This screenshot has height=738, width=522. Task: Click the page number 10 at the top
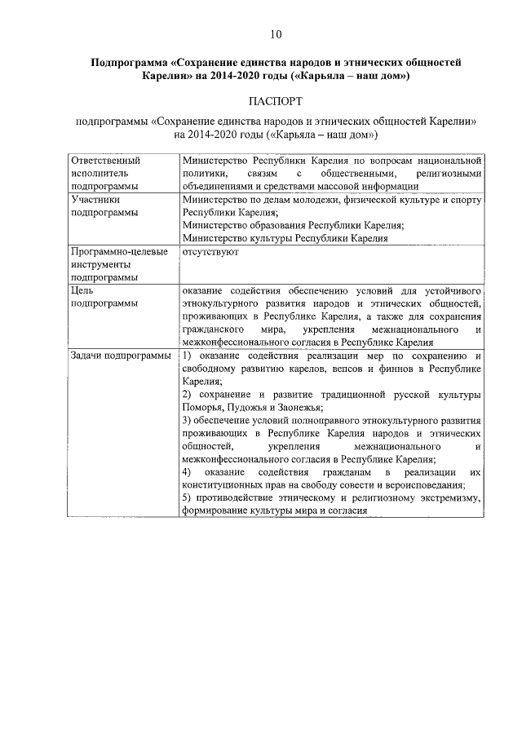(276, 33)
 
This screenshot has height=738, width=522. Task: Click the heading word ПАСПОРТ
(276, 101)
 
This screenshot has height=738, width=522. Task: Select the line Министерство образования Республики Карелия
(293, 225)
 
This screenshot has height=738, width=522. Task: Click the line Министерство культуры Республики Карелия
(285, 238)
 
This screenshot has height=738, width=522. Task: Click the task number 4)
(188, 473)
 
